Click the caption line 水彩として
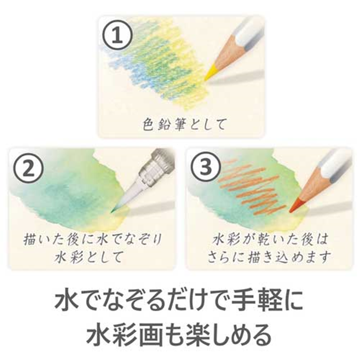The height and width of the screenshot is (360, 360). pyautogui.click(x=90, y=257)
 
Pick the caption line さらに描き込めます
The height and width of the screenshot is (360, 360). pyautogui.click(x=270, y=257)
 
